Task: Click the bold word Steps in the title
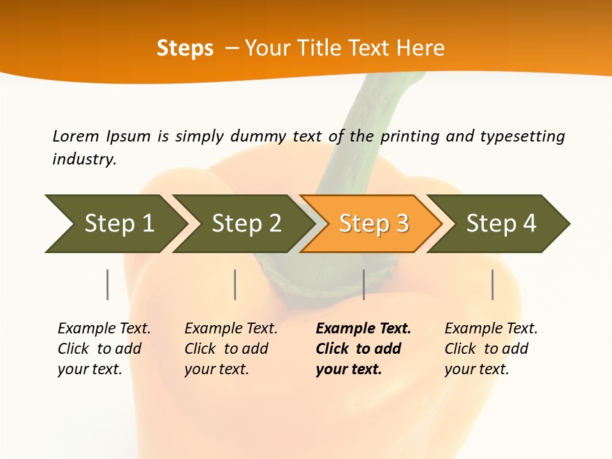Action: coord(185,48)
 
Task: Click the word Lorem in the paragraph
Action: coord(76,136)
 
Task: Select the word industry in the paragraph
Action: coord(84,159)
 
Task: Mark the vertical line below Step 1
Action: coord(108,284)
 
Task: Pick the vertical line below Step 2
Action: coord(235,284)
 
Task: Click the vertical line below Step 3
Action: coord(363,284)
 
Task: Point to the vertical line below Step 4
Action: coord(492,284)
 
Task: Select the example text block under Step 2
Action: coord(230,349)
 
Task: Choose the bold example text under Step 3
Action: coord(363,349)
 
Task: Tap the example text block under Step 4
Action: coord(490,349)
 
